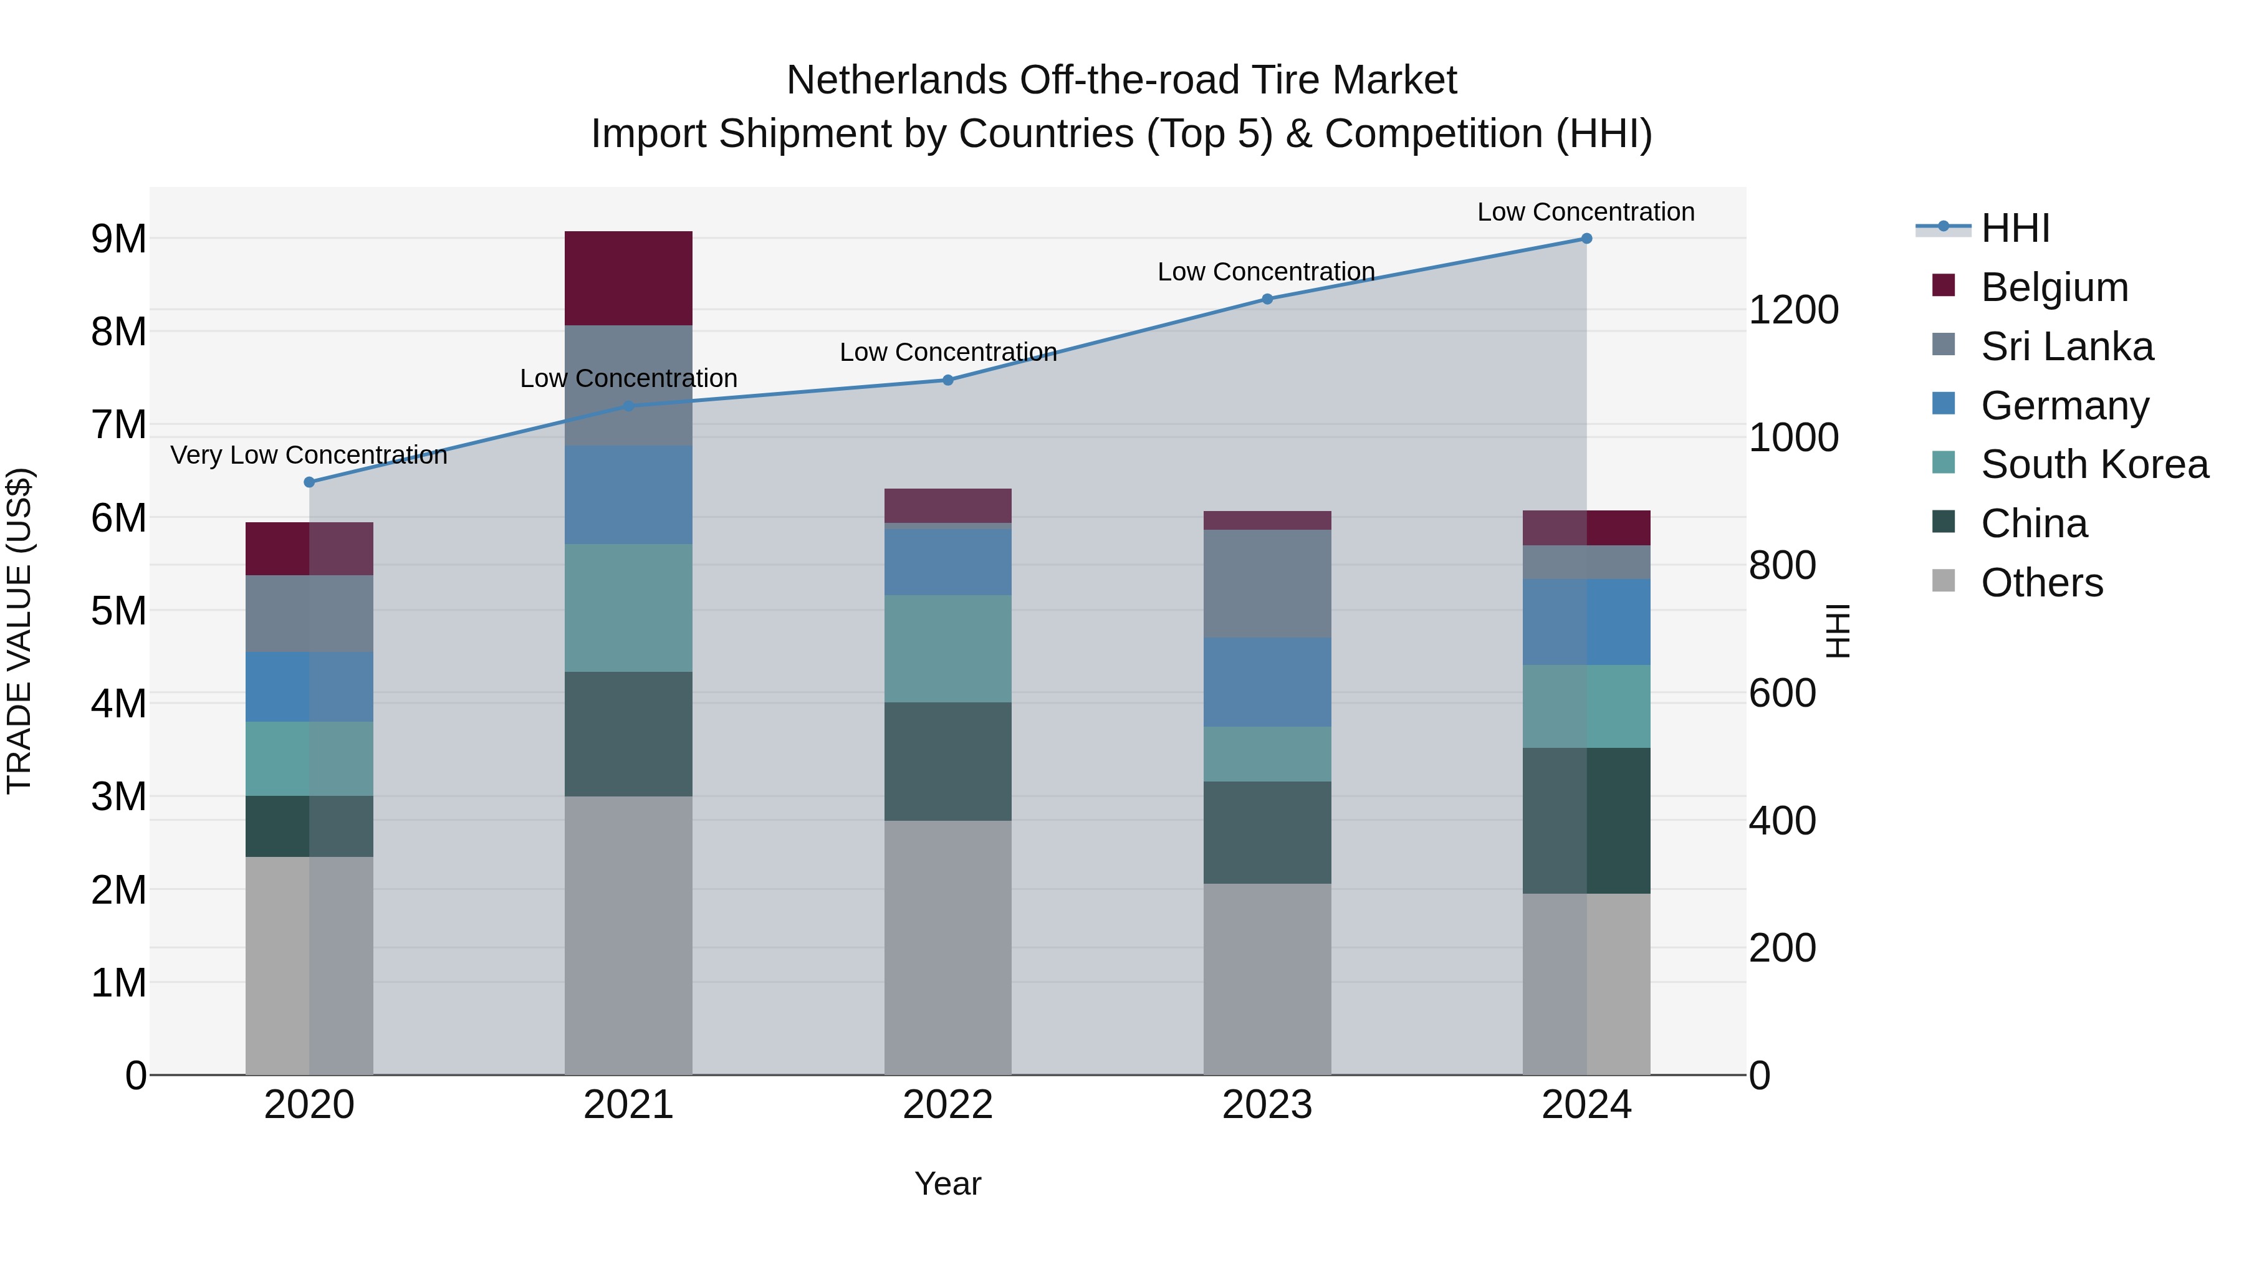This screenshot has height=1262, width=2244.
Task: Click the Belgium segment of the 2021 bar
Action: coord(628,278)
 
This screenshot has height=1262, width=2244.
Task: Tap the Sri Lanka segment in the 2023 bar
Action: coord(1267,583)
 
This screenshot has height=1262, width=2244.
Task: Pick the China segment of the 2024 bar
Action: coord(1586,820)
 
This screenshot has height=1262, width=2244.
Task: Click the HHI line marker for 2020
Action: coord(309,482)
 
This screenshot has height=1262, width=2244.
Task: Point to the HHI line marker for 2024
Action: coord(1586,239)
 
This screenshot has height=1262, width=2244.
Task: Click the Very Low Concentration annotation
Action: coord(309,455)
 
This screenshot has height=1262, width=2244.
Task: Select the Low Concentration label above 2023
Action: coord(1266,272)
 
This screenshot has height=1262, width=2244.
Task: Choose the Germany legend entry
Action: coord(2064,406)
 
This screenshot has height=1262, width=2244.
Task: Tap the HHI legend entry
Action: coord(2014,228)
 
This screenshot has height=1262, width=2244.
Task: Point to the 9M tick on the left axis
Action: coord(119,239)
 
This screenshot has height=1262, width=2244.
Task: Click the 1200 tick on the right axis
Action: coord(1793,310)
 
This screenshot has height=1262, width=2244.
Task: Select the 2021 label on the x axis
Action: coord(628,1105)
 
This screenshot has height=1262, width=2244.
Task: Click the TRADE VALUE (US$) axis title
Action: coord(20,631)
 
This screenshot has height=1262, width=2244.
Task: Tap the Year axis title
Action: coord(947,1183)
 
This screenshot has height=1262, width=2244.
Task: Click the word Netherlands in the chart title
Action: coord(897,80)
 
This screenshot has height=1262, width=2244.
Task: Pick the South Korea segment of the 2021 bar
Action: coord(628,608)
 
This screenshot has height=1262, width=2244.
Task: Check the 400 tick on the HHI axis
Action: coord(1782,820)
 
